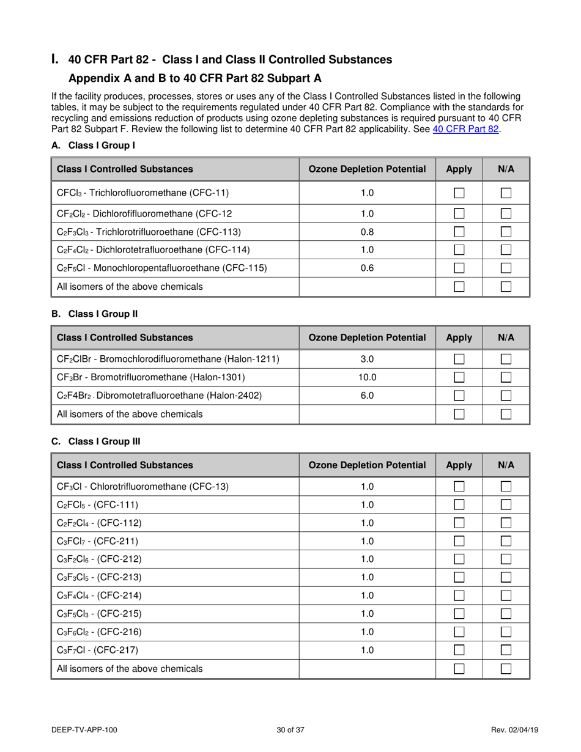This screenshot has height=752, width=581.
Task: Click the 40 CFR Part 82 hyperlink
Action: pos(466,129)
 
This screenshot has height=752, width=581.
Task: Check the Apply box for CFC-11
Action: pos(459,193)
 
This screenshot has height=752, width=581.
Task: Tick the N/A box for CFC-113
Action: pos(506,232)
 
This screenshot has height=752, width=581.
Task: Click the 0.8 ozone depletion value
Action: pos(367,232)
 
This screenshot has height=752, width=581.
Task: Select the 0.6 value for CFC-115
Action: pos(367,268)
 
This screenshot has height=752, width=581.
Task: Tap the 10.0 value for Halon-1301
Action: pos(367,378)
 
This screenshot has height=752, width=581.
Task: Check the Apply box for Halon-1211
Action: pos(459,359)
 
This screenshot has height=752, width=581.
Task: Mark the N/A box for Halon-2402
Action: pos(506,396)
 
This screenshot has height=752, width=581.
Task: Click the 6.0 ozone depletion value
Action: pos(367,396)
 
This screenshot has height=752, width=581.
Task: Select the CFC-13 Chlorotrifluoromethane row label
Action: pos(142,487)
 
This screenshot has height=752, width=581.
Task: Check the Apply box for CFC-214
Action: pos(459,595)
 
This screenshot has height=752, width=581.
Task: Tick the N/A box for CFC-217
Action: pos(506,651)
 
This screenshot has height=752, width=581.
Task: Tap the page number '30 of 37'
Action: pos(290,730)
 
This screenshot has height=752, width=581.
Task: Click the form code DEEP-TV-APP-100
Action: pos(84,730)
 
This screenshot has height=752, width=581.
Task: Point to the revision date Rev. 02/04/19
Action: pos(515,730)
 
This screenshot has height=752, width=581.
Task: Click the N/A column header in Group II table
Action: pos(506,337)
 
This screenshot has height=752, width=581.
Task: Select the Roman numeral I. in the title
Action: pos(56,59)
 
